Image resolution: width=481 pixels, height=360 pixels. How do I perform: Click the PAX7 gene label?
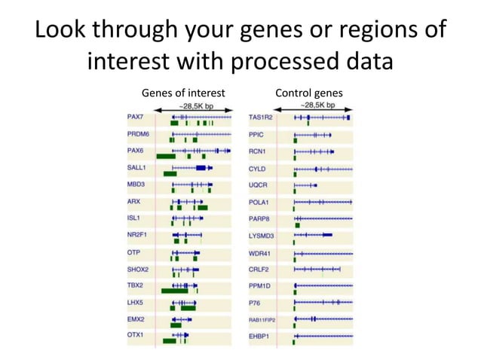coord(136,118)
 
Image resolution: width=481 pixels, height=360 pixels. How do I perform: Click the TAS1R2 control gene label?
coord(262,118)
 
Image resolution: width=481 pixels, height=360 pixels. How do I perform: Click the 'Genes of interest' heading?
coord(184,93)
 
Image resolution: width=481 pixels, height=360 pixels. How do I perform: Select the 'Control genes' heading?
coord(309,93)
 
